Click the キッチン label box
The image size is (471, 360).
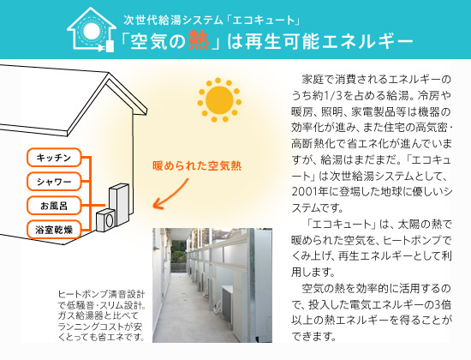coord(54,158)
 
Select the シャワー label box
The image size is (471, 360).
coord(54,182)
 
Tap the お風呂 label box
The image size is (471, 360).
coord(54,206)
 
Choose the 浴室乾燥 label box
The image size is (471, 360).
coord(54,230)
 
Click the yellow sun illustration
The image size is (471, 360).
coord(219,100)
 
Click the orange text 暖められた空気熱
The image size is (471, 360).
coord(197,165)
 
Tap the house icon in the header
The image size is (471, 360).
coord(92,29)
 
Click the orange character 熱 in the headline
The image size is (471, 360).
coord(199,40)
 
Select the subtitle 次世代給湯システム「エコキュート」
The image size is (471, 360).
coord(212,21)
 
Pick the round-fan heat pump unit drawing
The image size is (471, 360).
coord(105,220)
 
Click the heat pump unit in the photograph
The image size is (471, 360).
coord(228,304)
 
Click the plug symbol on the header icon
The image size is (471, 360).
coord(110,46)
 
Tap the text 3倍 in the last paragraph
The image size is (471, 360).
coord(443,304)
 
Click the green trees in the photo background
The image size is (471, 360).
coord(178,252)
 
